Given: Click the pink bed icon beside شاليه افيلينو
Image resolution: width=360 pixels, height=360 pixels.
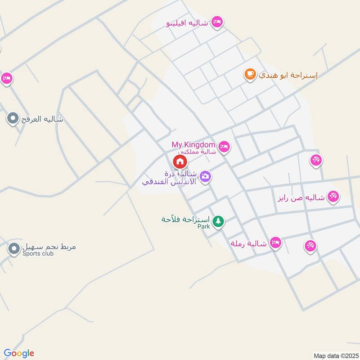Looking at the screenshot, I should point(217,22).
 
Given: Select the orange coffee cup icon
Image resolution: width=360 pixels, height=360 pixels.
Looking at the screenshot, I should point(250,74).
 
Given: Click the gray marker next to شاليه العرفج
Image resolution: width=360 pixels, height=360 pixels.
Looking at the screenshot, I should point(13,119).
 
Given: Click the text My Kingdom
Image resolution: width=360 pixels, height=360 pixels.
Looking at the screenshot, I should point(194,144).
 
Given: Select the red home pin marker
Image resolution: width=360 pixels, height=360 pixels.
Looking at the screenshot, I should point(180,161).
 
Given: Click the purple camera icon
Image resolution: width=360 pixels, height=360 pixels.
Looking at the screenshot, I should point(206,176).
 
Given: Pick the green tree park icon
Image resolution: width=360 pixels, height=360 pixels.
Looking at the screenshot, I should point(218,221).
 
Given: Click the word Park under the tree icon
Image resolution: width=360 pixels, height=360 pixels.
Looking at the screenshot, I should point(204,227).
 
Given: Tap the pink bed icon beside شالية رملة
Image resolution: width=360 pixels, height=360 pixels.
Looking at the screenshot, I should point(276,243).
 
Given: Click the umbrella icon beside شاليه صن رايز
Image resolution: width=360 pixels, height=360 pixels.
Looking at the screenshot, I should point(333,196).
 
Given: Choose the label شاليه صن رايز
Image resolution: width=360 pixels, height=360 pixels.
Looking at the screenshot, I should point(301,197).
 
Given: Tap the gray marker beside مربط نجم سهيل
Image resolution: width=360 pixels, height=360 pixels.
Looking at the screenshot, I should point(14,247).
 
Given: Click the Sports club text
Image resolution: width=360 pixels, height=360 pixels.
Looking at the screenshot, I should point(38,254).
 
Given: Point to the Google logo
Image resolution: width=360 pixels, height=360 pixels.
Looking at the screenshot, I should point(19,353).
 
